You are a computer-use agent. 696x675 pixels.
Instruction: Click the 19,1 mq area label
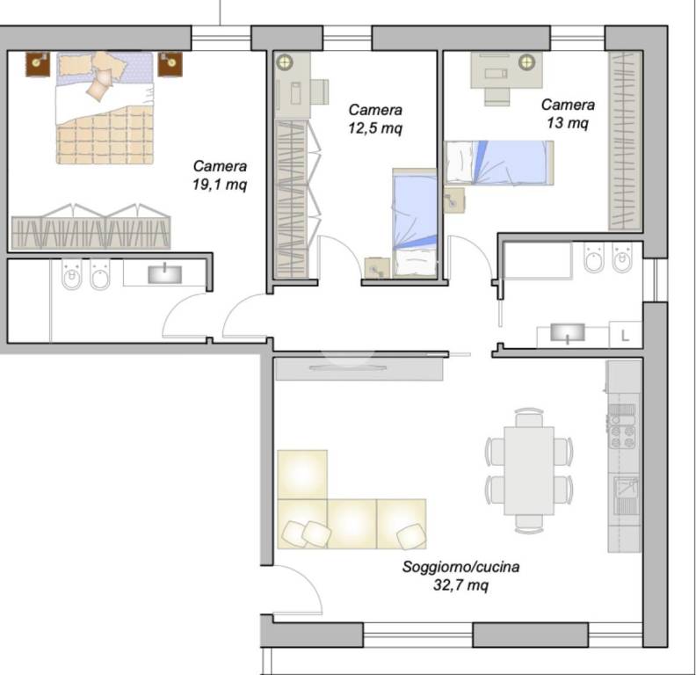pyautogui.click(x=220, y=185)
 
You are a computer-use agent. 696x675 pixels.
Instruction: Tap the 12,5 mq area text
pyautogui.click(x=375, y=128)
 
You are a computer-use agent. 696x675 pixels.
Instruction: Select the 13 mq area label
pyautogui.click(x=568, y=123)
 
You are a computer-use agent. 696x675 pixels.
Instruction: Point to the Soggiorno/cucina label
pyautogui.click(x=460, y=567)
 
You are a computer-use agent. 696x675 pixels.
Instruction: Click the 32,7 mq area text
pyautogui.click(x=460, y=584)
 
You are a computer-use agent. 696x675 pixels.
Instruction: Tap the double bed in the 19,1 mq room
pyautogui.click(x=105, y=108)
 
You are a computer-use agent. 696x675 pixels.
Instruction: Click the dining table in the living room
pyautogui.click(x=529, y=471)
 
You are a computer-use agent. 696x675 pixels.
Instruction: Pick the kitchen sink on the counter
pyautogui.click(x=626, y=495)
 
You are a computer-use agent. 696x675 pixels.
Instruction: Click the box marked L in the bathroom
pyautogui.click(x=625, y=335)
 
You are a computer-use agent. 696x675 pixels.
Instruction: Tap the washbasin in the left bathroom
pyautogui.click(x=164, y=274)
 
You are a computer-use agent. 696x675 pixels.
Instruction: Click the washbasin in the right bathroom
pyautogui.click(x=568, y=332)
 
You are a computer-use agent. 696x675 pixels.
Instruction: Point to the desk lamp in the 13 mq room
pyautogui.click(x=527, y=62)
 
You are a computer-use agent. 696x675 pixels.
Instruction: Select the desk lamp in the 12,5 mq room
pyautogui.click(x=284, y=62)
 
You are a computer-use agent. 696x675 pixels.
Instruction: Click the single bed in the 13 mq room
pyautogui.click(x=499, y=163)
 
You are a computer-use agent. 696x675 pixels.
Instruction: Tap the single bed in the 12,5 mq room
pyautogui.click(x=414, y=223)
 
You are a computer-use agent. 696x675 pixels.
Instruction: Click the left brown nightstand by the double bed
pyautogui.click(x=37, y=64)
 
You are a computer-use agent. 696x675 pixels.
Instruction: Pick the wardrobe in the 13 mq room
pyautogui.click(x=625, y=142)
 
